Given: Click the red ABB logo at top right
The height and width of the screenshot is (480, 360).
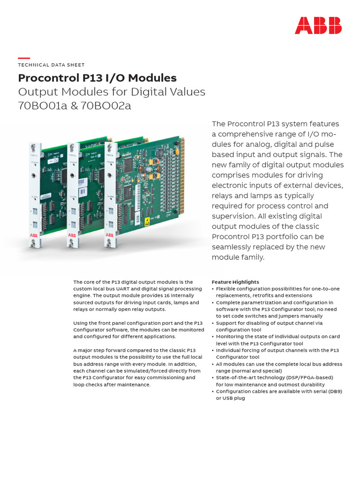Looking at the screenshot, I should pos(318,25).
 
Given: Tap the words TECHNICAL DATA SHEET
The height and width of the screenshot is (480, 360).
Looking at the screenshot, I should pos(51,65).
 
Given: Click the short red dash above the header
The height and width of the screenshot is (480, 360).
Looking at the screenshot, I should pos(23,58).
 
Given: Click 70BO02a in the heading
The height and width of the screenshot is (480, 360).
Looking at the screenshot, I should pos(106,105).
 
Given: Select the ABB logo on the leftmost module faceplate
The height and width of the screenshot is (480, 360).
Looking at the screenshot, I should pos(32,234).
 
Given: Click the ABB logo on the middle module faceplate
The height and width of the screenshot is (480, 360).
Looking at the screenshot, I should pos(72,234).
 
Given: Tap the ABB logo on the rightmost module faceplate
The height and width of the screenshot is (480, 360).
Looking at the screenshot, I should pos(109,234).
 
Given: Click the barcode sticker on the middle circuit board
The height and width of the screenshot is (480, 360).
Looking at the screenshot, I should pos(82,192).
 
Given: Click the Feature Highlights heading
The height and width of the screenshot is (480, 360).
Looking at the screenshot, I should pos(235,282).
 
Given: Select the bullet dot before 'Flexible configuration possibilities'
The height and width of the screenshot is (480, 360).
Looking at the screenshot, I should pos(213,289).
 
